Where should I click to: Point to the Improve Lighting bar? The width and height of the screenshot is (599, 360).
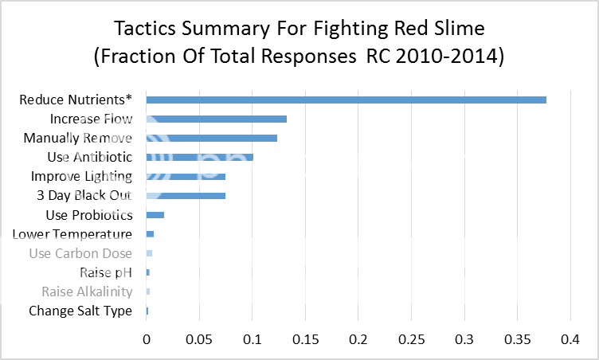point(186,176)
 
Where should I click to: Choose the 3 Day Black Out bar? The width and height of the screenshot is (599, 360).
point(186,195)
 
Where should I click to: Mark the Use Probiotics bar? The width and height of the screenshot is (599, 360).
point(155,215)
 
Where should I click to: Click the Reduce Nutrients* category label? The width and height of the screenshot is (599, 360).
point(76,100)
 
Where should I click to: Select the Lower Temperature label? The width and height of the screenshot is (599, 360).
point(72,234)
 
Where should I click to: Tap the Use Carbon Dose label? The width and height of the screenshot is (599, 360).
point(80,253)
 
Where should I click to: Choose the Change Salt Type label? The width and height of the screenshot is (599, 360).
point(80,311)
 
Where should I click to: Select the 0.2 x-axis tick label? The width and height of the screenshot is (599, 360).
point(358,338)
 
